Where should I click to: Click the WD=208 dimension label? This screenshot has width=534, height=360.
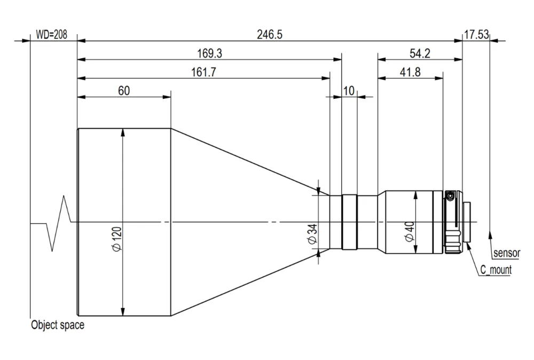click(51, 34)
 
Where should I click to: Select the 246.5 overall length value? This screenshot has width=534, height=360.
click(269, 34)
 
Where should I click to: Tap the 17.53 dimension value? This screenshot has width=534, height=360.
click(476, 34)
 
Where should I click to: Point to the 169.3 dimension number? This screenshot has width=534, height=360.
click(209, 53)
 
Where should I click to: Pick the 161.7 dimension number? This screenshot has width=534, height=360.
click(203, 72)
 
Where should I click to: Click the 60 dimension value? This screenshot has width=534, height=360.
click(124, 91)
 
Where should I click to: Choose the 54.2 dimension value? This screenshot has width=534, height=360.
click(420, 53)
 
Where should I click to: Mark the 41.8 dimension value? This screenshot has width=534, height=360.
click(410, 72)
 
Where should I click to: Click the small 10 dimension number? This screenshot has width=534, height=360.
click(349, 91)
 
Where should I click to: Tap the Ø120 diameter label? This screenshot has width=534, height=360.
click(116, 239)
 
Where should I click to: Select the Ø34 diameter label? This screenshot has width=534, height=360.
click(312, 234)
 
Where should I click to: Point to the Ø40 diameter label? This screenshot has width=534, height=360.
click(410, 232)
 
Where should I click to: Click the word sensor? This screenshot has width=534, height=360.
click(507, 253)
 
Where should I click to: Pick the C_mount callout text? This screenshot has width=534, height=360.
click(496, 270)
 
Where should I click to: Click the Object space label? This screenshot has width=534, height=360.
click(58, 325)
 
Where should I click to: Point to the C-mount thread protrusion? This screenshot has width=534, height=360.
click(467, 222)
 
